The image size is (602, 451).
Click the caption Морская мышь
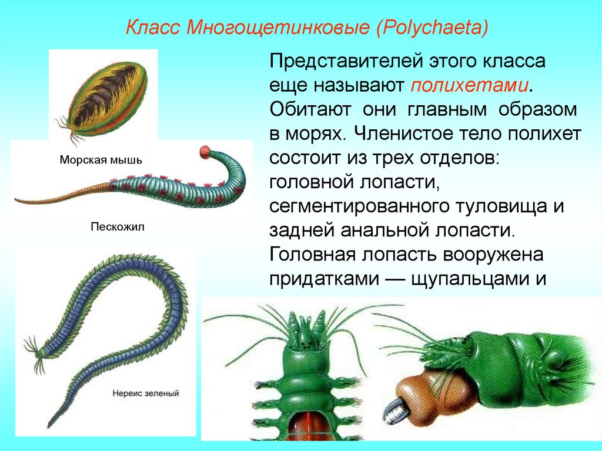click(x=101, y=160)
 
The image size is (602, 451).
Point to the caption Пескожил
click(x=118, y=226)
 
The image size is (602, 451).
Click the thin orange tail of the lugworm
click(x=53, y=197)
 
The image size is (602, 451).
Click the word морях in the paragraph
click(x=316, y=134)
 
